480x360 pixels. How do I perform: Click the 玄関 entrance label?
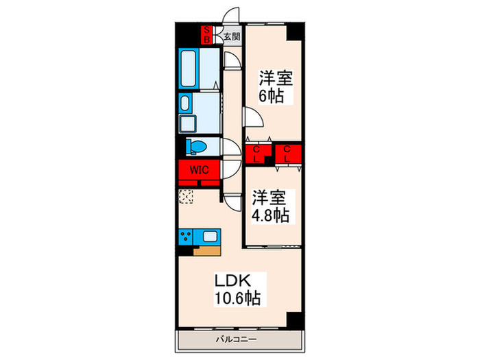click(x=231, y=36)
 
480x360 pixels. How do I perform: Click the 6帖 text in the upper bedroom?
click(x=271, y=95)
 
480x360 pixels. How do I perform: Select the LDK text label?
click(x=237, y=280)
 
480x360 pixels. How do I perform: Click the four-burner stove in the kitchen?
click(x=187, y=237)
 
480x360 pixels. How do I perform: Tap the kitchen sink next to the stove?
click(x=209, y=237)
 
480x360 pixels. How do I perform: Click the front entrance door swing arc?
click(x=232, y=15)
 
